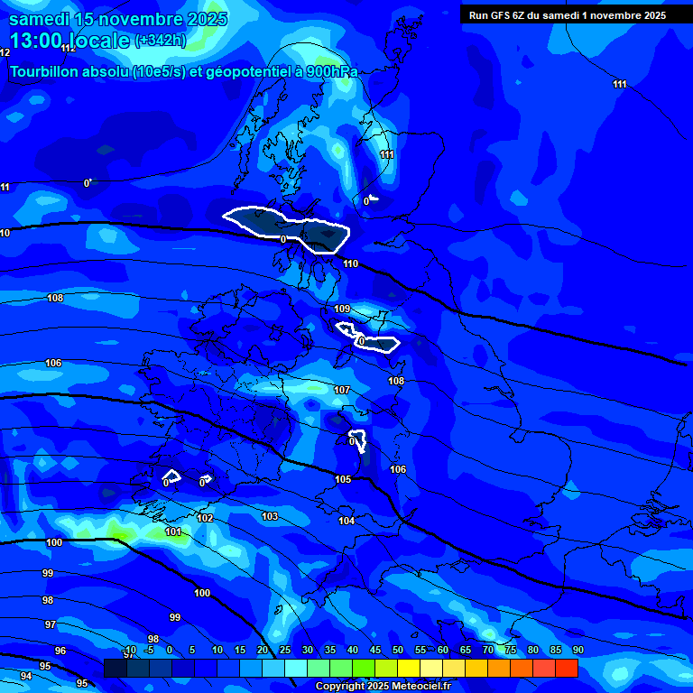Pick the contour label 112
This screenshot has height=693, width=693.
click(x=69, y=48)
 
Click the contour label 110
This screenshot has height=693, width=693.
click(x=351, y=263)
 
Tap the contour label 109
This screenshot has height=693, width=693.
click(x=342, y=309)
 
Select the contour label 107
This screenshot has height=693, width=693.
click(x=342, y=390)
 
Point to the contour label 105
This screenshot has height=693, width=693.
click(x=343, y=479)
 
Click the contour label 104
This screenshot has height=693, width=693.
click(x=346, y=521)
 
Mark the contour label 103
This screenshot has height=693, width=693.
click(x=270, y=516)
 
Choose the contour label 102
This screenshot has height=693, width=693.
click(x=206, y=518)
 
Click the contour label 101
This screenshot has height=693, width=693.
click(x=173, y=531)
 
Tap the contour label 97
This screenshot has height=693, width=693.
click(x=51, y=624)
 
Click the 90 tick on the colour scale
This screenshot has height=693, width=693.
click(x=577, y=651)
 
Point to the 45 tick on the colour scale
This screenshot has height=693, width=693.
click(x=374, y=651)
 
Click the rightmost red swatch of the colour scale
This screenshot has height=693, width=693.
click(x=567, y=668)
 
